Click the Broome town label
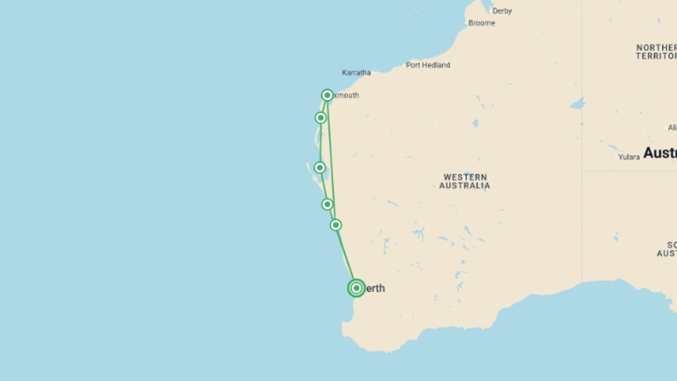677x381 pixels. (482, 23)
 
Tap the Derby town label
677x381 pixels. (502, 11)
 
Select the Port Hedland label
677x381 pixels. (428, 65)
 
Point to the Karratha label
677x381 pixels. (356, 73)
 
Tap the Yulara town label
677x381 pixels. (629, 157)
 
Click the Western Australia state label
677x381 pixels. (465, 181)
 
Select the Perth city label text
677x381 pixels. (375, 288)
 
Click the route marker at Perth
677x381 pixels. (356, 288)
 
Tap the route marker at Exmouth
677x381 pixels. (327, 95)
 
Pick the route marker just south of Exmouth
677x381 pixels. (321, 117)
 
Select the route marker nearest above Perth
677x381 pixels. (336, 225)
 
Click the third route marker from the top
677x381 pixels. (320, 168)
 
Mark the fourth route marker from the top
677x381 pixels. (327, 204)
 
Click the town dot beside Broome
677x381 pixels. (466, 23)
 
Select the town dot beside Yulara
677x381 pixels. (617, 157)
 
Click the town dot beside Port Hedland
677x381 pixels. (404, 65)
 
